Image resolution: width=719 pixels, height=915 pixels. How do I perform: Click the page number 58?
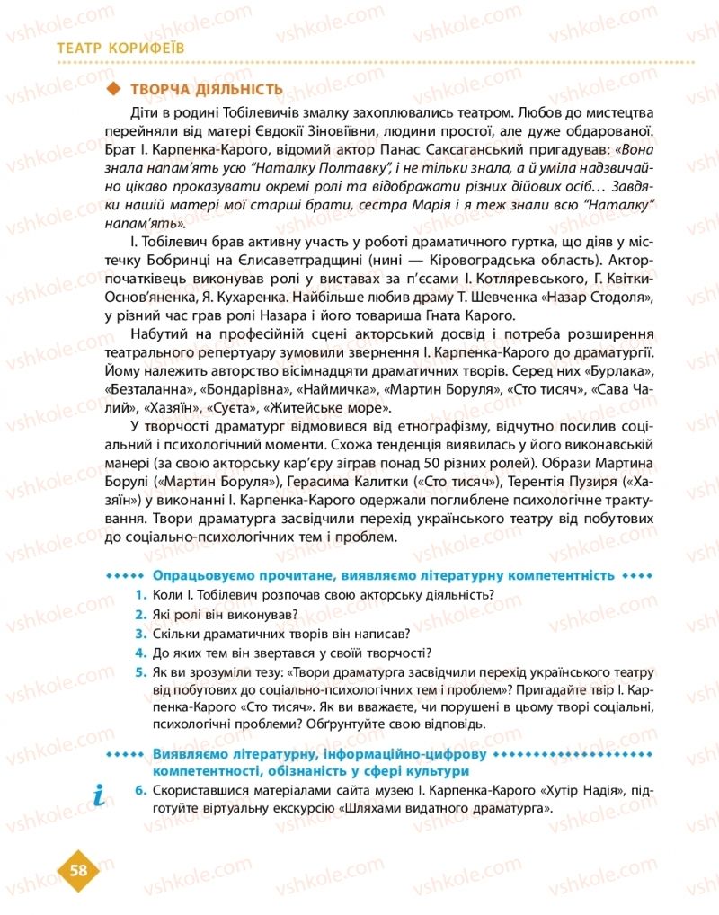(78, 869)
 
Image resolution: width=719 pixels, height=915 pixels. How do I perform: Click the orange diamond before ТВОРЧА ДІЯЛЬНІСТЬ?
(113, 89)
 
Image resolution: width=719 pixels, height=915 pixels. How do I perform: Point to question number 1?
(140, 594)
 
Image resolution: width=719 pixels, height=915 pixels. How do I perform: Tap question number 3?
(140, 633)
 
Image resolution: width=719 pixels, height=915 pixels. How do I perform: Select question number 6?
(140, 790)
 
